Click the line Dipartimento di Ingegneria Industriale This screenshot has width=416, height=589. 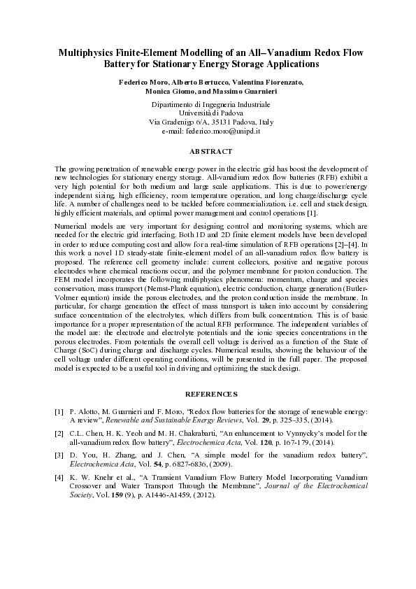click(x=210, y=104)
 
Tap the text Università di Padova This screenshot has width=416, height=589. click(x=210, y=113)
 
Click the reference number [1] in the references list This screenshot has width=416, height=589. click(x=59, y=414)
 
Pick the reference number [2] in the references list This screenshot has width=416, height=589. click(x=59, y=434)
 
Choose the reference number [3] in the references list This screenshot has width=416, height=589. click(x=59, y=454)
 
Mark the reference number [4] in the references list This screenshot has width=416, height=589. click(x=59, y=475)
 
